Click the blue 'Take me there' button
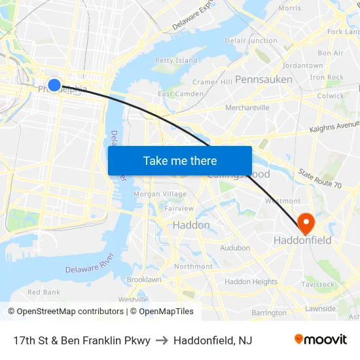tap(180, 160)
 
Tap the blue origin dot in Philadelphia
tap(54, 84)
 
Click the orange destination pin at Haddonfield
tap(306, 223)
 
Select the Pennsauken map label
tap(263, 79)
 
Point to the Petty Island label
tap(177, 61)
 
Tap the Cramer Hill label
tap(212, 82)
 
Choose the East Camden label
tap(181, 94)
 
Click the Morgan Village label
tap(160, 194)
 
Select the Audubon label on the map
tap(235, 248)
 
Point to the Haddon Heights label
tap(251, 282)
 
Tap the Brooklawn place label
tap(143, 279)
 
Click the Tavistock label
tap(317, 285)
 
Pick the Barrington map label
tap(269, 313)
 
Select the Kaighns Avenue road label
tap(334, 126)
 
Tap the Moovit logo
tap(321, 340)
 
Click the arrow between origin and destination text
tap(162, 340)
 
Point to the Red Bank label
tap(43, 292)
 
